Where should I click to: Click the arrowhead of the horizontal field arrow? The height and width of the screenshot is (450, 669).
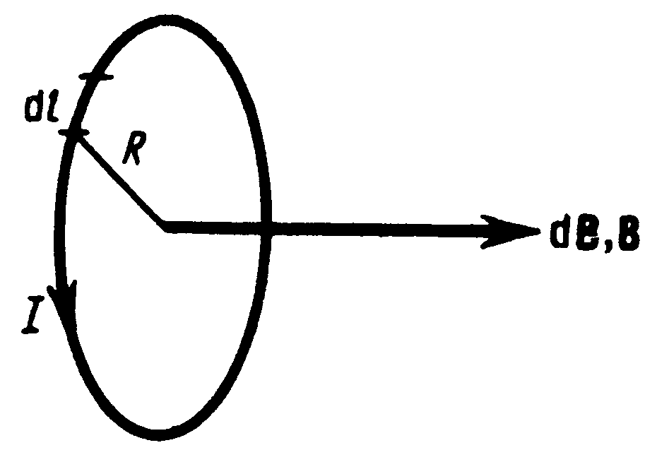click(x=509, y=230)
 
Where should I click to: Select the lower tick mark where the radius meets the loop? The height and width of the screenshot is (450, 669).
click(x=73, y=132)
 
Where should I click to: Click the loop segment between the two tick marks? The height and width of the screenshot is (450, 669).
click(x=81, y=105)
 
